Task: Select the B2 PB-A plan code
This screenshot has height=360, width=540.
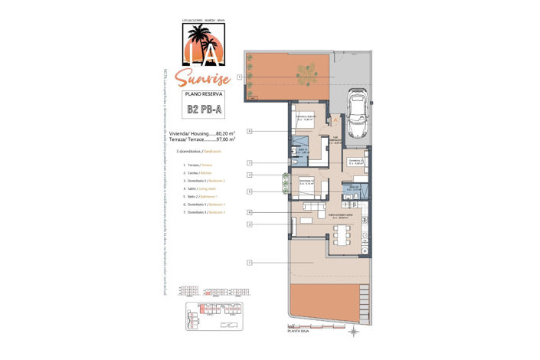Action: coord(205,109)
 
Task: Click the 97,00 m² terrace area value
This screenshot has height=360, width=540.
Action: coord(225,139)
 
